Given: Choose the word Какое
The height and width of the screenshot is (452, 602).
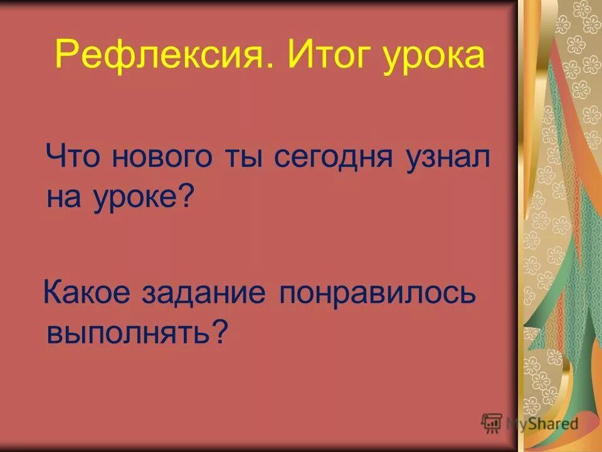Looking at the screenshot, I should tap(88, 294).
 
